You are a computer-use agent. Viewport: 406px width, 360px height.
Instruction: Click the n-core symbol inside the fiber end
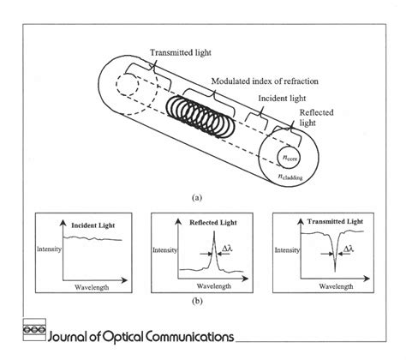point(290,159)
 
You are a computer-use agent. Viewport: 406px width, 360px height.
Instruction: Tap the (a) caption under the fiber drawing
point(197,196)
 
